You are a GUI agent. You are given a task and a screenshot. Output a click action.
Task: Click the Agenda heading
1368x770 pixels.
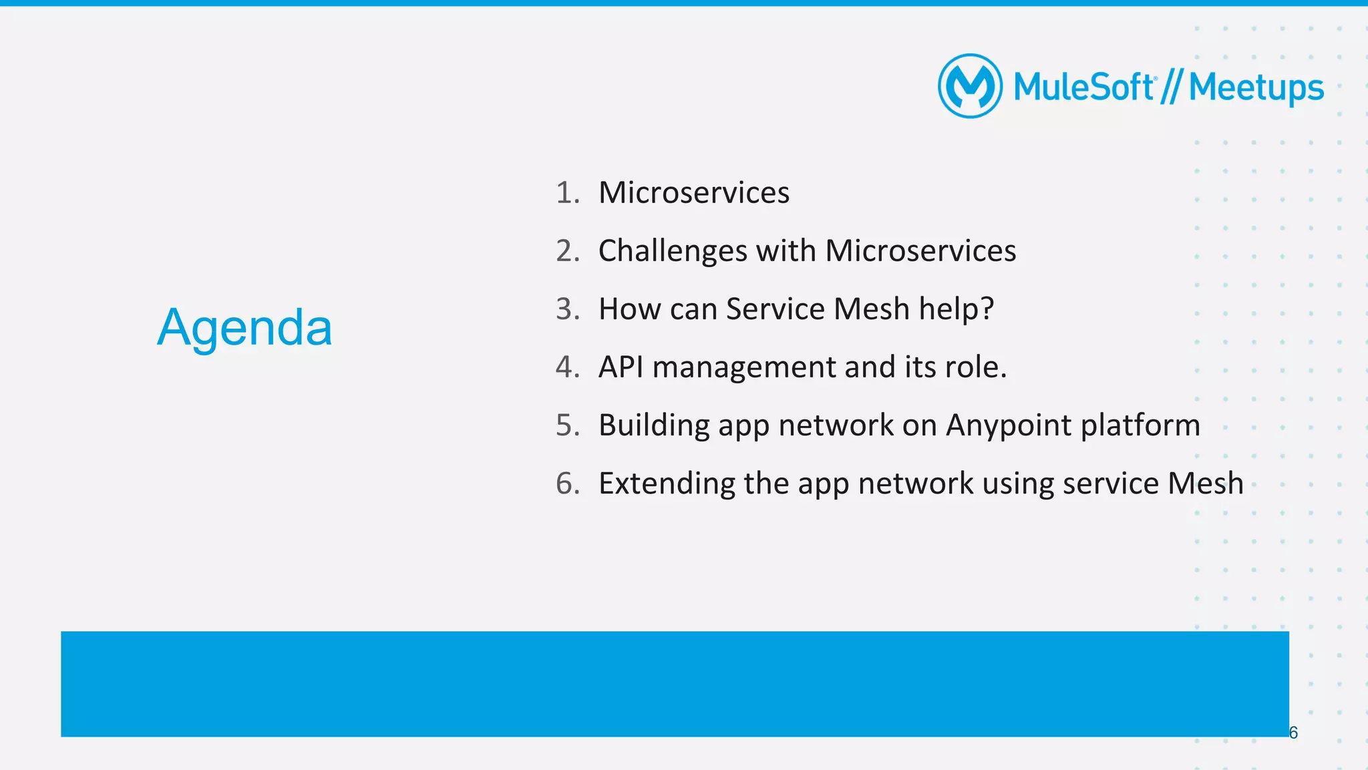pos(244,328)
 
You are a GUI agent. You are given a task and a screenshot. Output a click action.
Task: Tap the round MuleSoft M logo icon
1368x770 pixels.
pos(970,86)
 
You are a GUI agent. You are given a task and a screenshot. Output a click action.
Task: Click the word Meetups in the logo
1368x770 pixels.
pos(1256,88)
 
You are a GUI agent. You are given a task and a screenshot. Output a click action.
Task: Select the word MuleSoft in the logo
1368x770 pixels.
pos(1083,87)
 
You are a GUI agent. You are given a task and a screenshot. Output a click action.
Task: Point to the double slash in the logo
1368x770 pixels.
pos(1171,87)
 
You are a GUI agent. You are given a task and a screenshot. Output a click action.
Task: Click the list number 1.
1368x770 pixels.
pos(567,193)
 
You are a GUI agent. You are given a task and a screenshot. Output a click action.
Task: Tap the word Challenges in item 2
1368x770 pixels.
pos(673,252)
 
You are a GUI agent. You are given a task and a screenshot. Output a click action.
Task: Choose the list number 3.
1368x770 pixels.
pos(567,309)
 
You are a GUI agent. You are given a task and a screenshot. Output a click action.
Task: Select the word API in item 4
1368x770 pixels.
pos(621,367)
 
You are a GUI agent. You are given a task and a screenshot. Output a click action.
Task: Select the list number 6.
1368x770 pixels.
pos(567,484)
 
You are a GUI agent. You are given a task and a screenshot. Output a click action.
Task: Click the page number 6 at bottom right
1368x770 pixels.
pos(1293,733)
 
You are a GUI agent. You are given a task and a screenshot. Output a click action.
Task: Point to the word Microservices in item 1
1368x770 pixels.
pos(693,193)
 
